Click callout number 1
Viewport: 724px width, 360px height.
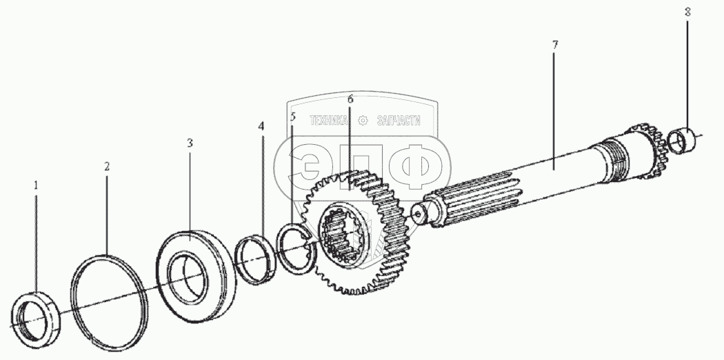coord(37,186)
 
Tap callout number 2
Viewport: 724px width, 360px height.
coord(107,166)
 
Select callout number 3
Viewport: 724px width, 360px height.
coord(190,143)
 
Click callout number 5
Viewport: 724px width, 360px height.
coord(293,117)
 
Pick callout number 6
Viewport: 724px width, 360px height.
coord(350,100)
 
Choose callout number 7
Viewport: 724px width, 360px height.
coord(555,44)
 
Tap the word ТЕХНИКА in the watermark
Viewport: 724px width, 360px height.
coord(330,121)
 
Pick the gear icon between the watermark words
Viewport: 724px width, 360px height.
coord(363,121)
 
